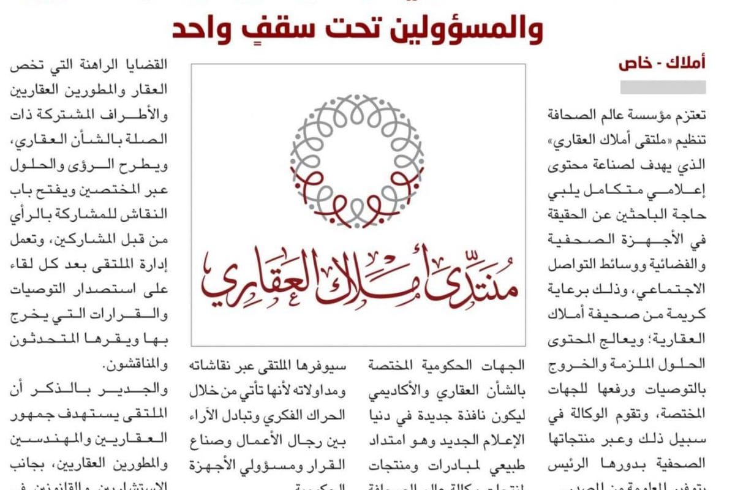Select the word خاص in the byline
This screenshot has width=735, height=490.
point(635,63)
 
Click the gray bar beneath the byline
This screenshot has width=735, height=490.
point(663,87)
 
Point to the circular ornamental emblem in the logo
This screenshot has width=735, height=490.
point(357,160)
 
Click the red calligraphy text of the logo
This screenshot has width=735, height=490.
point(357,277)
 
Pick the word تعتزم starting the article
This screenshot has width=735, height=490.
point(688,115)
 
